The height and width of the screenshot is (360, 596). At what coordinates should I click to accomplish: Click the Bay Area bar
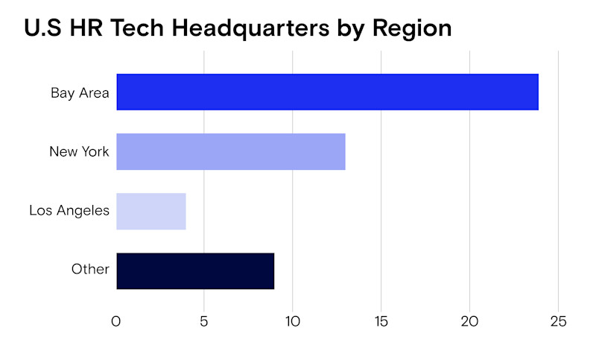coord(327,92)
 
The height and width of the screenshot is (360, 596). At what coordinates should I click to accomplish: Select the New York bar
coord(231,151)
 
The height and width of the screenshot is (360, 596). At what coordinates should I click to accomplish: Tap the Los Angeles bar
coord(151,211)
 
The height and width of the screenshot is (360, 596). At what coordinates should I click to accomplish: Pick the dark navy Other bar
coord(195,271)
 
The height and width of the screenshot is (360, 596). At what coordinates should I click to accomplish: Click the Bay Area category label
coord(80,93)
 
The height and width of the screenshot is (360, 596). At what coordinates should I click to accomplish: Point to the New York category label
coord(79,152)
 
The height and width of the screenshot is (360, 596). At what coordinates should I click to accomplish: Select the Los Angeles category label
coord(69,211)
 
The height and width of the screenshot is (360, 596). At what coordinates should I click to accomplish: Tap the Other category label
coord(90,270)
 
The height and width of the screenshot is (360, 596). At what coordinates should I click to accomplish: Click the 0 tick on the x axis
coord(116,322)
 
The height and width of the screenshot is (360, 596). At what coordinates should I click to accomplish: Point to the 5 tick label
coord(204,322)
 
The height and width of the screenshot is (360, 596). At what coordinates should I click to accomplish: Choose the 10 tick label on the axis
coord(292,322)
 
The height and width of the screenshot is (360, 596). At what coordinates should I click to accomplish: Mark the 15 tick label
coord(381,322)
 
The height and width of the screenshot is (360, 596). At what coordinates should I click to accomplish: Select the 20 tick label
coord(469,322)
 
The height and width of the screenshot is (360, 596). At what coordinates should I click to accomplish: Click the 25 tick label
coord(557,322)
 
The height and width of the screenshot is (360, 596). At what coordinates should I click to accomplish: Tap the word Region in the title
coord(412,28)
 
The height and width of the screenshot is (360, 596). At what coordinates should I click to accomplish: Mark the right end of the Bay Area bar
coord(536,92)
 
